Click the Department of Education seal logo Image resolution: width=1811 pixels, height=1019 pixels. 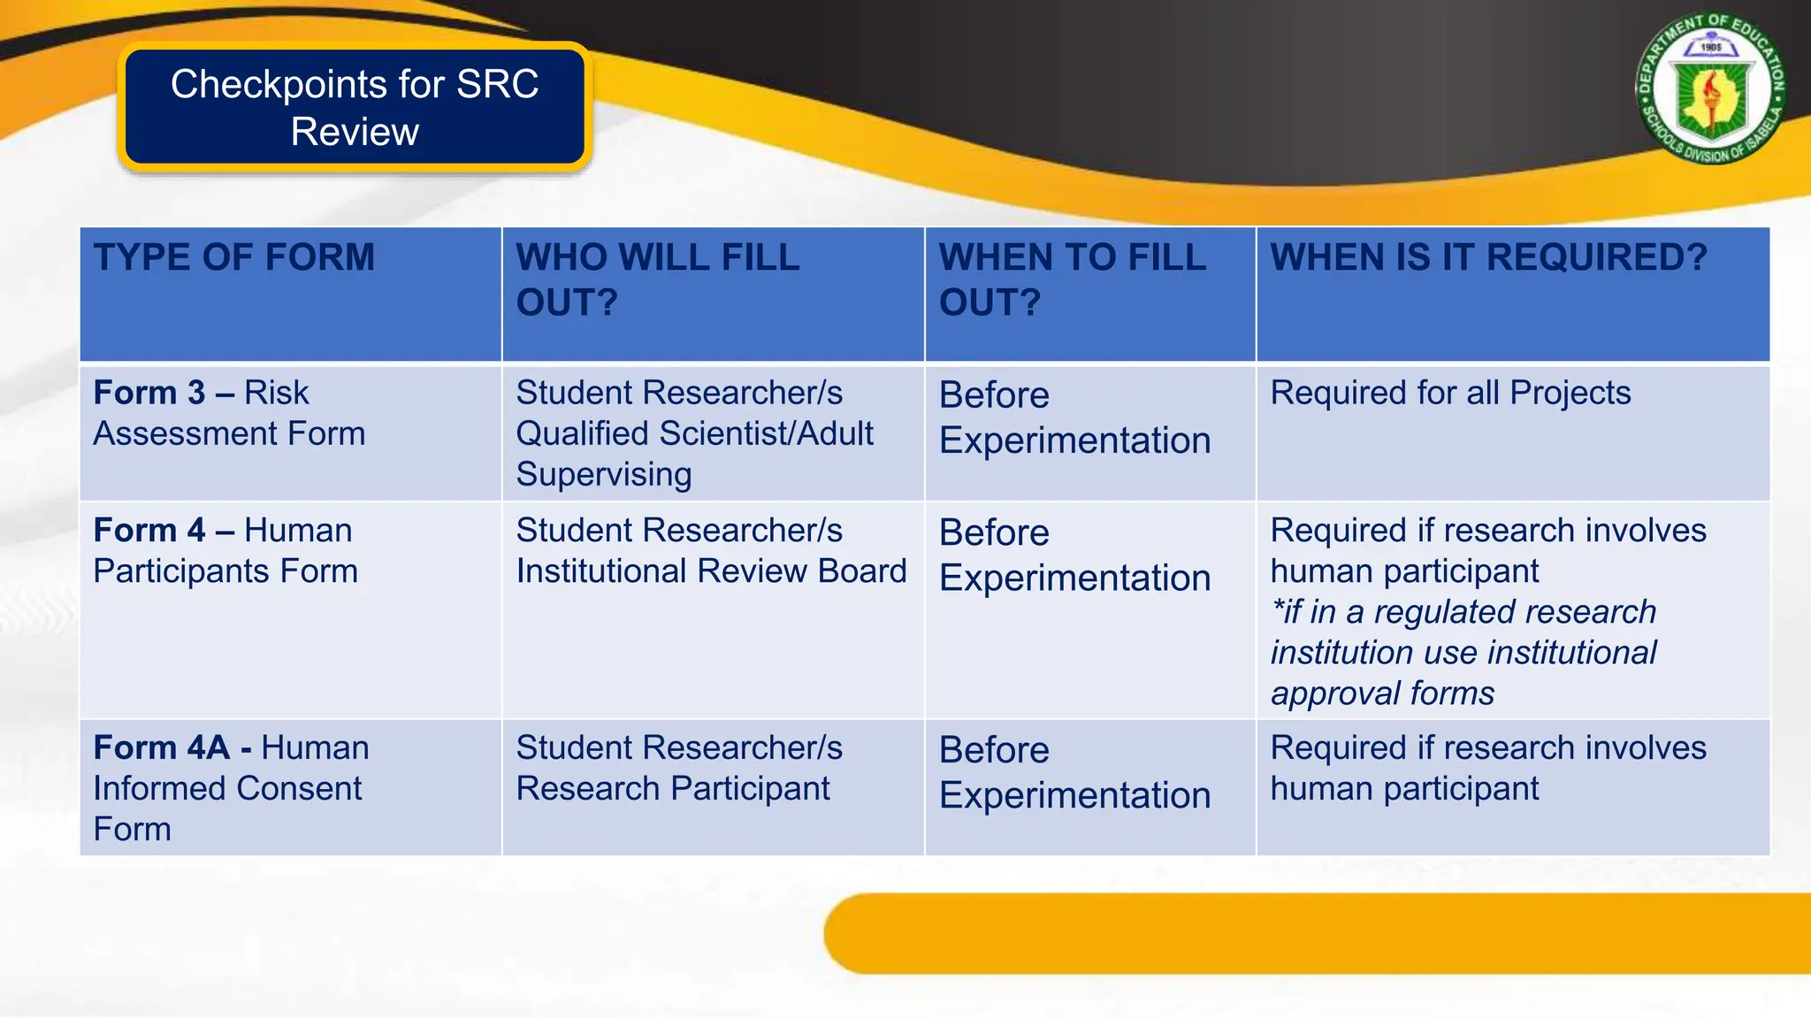1710,88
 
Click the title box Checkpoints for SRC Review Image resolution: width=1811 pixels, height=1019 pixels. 355,107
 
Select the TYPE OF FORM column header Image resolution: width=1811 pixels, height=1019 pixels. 234,257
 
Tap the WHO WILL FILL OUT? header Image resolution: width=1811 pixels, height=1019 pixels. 657,280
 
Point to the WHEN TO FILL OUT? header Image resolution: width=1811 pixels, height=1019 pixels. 1072,280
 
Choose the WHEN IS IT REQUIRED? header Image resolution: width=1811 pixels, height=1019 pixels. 1488,257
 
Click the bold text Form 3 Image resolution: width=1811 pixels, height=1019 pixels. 149,393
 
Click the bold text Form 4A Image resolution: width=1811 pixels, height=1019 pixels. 162,748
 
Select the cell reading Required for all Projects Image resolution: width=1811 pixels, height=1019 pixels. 1450,393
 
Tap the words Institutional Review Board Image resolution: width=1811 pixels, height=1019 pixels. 711,571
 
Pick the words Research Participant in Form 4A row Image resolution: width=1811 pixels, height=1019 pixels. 673,789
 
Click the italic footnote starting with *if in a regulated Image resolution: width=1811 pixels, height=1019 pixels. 1463,653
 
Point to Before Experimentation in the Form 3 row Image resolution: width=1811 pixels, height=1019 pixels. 1074,418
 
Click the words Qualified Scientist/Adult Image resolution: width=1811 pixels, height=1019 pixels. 694,433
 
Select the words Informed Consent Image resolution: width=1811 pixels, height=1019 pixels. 227,789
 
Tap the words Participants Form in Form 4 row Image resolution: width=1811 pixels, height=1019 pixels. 225,571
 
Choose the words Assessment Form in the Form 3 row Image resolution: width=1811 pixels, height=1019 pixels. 229,433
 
